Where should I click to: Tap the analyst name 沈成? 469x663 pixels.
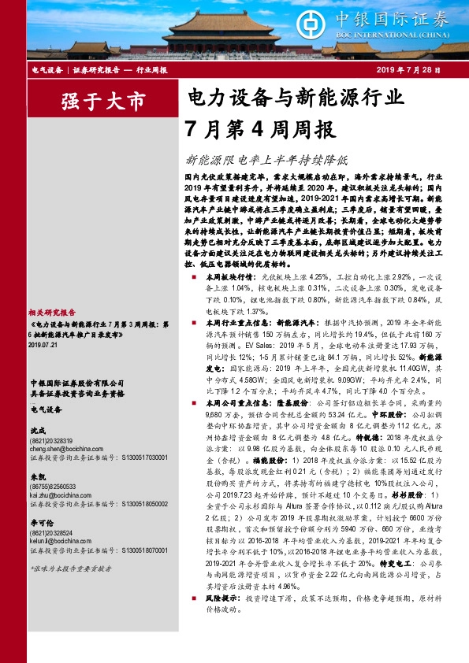tap(37, 431)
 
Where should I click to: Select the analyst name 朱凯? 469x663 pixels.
tap(37, 477)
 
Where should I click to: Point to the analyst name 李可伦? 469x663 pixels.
tap(41, 523)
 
